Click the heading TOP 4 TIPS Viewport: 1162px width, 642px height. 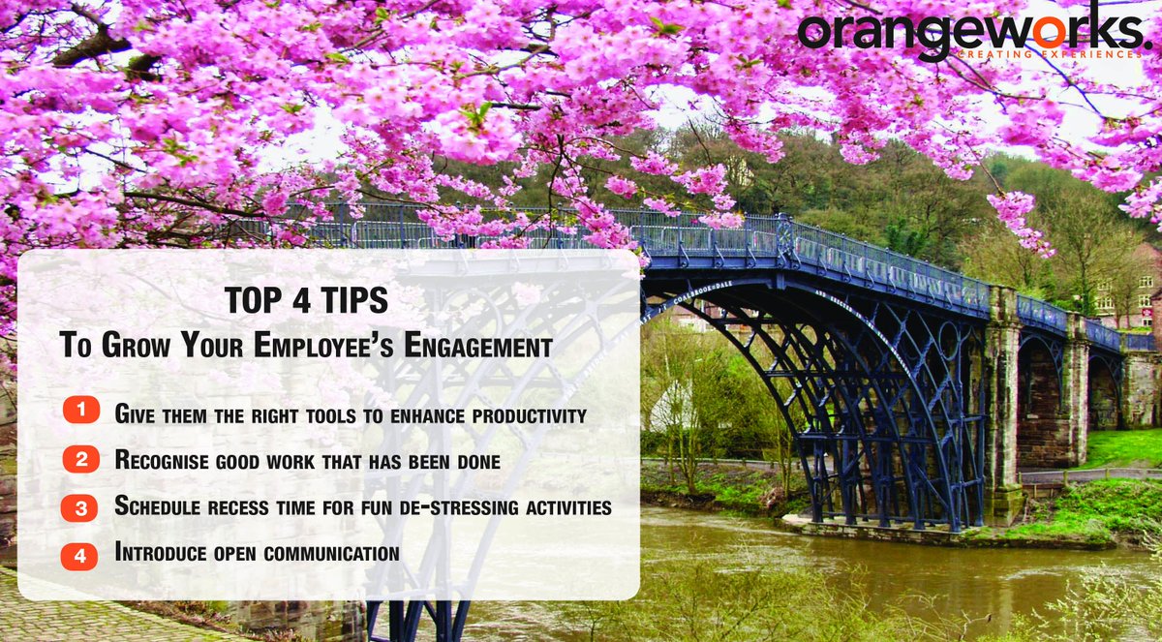click(306, 301)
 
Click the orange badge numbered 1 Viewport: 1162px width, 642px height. click(80, 411)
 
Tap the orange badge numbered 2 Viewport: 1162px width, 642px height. click(80, 460)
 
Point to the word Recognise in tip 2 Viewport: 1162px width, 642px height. click(161, 461)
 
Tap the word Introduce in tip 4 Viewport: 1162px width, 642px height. click(159, 554)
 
